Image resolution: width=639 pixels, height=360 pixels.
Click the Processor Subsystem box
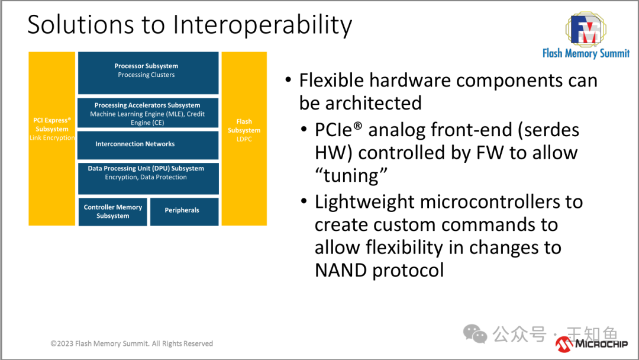(x=148, y=70)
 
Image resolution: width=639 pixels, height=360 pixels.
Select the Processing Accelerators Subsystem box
(x=148, y=114)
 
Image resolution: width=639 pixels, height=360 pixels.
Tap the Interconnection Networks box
(x=148, y=144)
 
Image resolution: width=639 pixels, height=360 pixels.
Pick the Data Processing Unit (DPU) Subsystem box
(x=148, y=178)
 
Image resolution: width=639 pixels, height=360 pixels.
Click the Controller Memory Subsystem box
(x=112, y=211)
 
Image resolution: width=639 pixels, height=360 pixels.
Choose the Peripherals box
(x=183, y=211)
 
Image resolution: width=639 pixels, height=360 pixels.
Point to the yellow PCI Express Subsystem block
(x=52, y=139)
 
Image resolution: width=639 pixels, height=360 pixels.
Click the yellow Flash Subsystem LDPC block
(x=244, y=139)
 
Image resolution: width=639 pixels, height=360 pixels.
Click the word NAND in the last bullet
(x=341, y=271)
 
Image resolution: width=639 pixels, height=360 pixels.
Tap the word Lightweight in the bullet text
(x=365, y=202)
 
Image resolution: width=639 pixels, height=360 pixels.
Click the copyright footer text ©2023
(x=62, y=343)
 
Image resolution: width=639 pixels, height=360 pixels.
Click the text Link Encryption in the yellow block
(x=52, y=138)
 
